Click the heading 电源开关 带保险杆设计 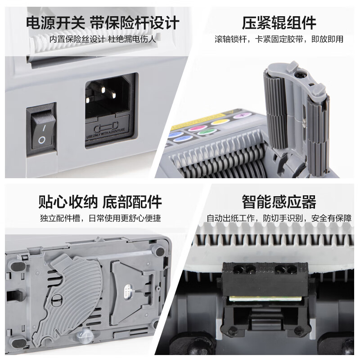tap(103, 22)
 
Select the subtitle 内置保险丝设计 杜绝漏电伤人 tap(103, 39)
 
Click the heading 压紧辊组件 tap(279, 22)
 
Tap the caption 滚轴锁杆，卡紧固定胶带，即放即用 tap(279, 39)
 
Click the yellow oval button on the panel tap(220, 121)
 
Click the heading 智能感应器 tap(279, 202)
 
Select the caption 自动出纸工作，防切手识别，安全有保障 tap(279, 219)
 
